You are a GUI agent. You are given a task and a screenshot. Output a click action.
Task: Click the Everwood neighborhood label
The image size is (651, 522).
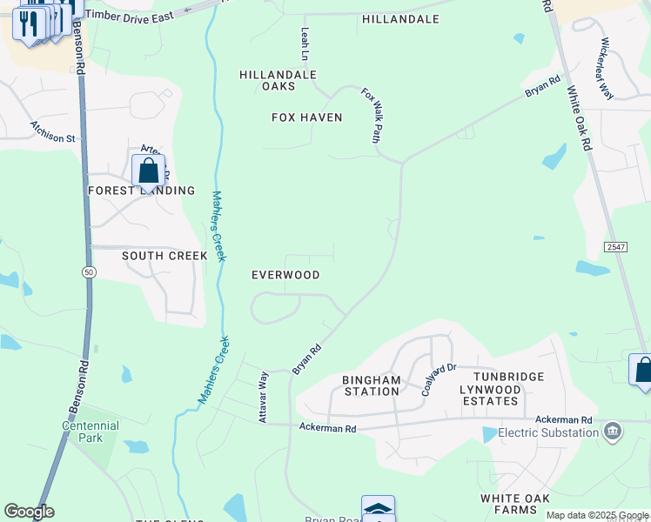click(x=285, y=275)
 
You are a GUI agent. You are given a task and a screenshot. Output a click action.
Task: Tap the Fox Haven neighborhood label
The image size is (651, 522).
click(x=306, y=117)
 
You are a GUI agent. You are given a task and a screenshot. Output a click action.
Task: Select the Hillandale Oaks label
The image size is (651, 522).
click(x=278, y=80)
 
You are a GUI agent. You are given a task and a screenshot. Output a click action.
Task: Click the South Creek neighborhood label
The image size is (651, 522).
click(x=164, y=256)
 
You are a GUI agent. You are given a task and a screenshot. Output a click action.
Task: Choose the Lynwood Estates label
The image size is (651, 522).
click(x=490, y=400)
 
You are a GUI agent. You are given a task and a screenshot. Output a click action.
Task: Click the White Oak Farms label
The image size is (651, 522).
click(x=524, y=499)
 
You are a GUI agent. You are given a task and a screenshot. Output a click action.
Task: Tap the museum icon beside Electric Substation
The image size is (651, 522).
click(x=613, y=432)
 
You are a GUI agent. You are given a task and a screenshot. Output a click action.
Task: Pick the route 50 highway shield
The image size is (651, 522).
click(x=89, y=272)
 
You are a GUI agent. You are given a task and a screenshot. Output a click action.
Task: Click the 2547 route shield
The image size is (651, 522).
click(x=615, y=247)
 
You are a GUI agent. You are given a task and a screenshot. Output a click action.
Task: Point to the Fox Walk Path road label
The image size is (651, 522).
click(x=372, y=115)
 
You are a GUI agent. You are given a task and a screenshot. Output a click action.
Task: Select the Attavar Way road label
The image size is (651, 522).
click(x=262, y=398)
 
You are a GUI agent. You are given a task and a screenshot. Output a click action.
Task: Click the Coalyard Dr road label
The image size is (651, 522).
click(x=439, y=379)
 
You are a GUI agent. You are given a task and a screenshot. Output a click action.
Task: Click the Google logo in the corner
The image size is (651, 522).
click(x=29, y=512)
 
